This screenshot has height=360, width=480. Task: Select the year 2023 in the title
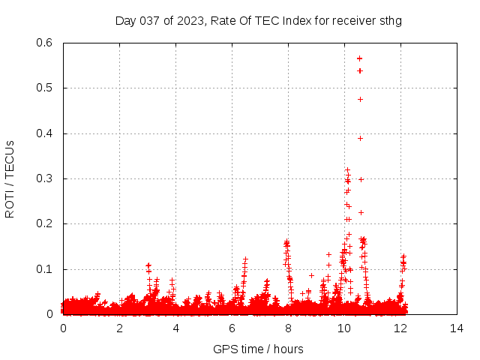189,20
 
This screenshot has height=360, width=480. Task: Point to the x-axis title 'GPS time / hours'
259,349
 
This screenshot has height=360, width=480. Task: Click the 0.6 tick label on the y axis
47,43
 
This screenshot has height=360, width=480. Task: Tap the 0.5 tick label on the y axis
47,88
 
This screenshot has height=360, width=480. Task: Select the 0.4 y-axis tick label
47,133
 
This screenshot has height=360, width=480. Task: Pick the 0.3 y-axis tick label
47,178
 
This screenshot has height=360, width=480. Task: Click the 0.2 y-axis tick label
47,224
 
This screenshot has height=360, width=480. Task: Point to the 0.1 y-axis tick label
47,269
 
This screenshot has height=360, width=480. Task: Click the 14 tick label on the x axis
457,328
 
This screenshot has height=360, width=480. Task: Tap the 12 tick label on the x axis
400,328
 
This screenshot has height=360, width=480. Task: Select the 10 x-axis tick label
344,328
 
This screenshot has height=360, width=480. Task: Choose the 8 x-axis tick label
288,328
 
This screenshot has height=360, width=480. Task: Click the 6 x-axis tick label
232,328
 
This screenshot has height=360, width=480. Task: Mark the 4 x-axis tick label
175,328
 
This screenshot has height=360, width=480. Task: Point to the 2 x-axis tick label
119,328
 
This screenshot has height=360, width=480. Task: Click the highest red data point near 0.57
360,58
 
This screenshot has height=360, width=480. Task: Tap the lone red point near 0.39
360,138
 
